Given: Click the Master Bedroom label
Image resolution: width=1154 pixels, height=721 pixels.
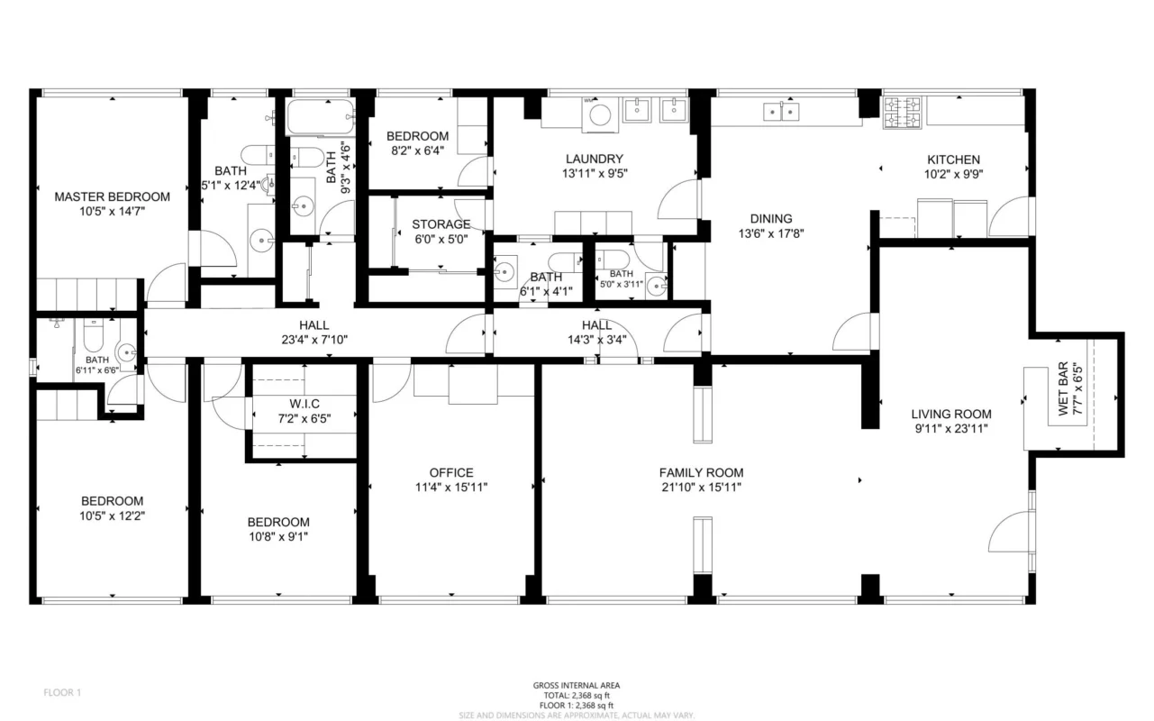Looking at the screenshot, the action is click(113, 196).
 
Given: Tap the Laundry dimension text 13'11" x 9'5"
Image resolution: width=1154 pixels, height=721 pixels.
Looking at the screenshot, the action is click(595, 174).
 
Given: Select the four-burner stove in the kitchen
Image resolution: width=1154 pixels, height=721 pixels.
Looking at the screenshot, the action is click(903, 113).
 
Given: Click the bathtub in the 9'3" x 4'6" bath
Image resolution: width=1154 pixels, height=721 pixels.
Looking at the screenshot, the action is click(321, 117).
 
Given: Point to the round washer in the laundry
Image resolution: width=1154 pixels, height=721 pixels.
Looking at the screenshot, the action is click(600, 114).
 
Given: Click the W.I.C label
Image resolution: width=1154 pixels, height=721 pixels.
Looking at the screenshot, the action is click(304, 404).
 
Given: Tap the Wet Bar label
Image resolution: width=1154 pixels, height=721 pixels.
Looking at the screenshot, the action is click(1063, 389).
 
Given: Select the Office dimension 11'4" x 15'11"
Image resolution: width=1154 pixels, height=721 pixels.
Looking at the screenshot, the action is click(451, 488).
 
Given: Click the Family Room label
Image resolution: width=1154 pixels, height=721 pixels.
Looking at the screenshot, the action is click(701, 473).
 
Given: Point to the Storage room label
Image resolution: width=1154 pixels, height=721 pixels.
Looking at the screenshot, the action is click(441, 224).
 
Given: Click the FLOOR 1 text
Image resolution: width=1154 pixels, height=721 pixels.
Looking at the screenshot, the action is click(62, 693).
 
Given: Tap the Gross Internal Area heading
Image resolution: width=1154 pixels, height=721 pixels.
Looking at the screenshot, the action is click(577, 686).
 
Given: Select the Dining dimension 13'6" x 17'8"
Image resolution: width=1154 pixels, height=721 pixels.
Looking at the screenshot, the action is click(771, 234).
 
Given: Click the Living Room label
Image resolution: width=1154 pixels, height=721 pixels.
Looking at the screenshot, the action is click(951, 415).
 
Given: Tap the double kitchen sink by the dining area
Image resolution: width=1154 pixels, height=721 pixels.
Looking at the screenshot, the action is click(781, 112).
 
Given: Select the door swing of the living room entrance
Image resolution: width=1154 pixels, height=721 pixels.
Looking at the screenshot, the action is click(1009, 532).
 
